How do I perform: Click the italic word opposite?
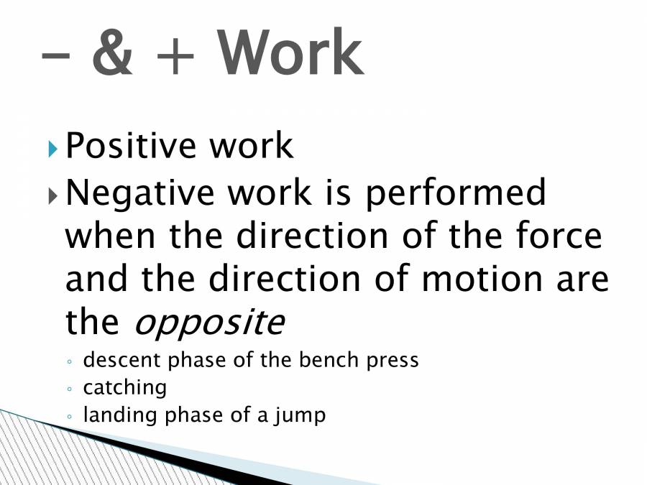click(x=209, y=325)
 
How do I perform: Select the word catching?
click(x=124, y=388)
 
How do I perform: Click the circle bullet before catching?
click(x=69, y=389)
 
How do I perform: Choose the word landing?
click(x=114, y=416)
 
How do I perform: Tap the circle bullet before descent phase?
click(x=69, y=361)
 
